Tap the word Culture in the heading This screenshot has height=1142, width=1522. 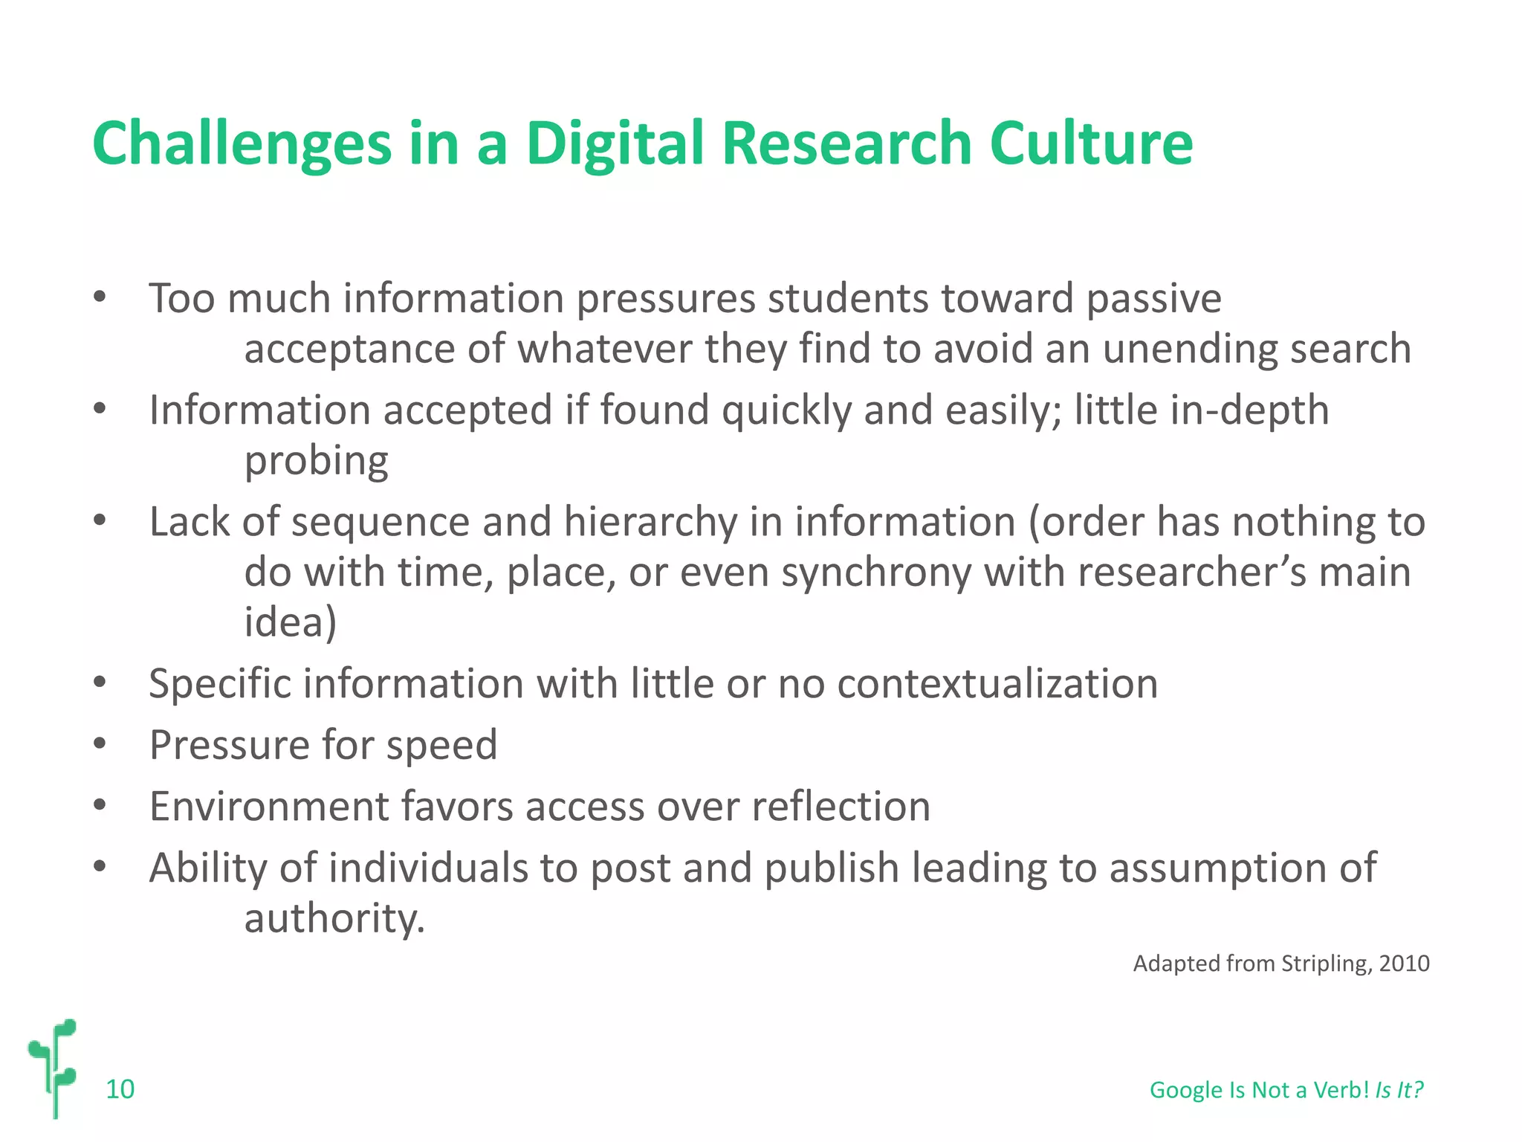click(1091, 143)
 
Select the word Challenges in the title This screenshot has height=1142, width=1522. click(242, 143)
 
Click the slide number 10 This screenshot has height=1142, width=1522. click(120, 1089)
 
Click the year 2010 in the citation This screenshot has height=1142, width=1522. click(1404, 964)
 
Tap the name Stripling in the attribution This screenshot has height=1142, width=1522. click(1323, 964)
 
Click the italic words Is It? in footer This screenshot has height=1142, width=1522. click(1399, 1090)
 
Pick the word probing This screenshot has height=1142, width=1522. click(316, 461)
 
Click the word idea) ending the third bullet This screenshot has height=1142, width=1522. click(290, 622)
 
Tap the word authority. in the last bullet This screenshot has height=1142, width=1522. click(334, 919)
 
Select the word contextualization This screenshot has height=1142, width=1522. click(997, 683)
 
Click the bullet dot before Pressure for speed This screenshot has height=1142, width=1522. click(100, 743)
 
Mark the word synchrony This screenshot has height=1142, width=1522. click(876, 572)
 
